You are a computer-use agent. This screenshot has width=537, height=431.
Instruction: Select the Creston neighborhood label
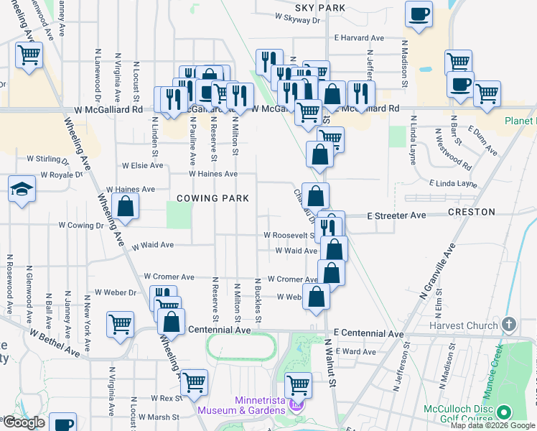click(x=471, y=213)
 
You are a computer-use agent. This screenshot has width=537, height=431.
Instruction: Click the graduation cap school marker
click(x=22, y=190)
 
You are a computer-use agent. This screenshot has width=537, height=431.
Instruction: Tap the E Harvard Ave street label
click(x=359, y=38)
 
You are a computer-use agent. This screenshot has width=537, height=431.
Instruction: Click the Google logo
click(x=23, y=422)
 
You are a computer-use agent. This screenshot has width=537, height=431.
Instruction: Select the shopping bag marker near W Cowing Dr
click(x=125, y=206)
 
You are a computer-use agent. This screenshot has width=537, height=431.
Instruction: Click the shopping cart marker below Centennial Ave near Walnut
click(x=298, y=386)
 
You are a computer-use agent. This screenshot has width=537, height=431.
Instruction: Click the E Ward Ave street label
click(x=359, y=351)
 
